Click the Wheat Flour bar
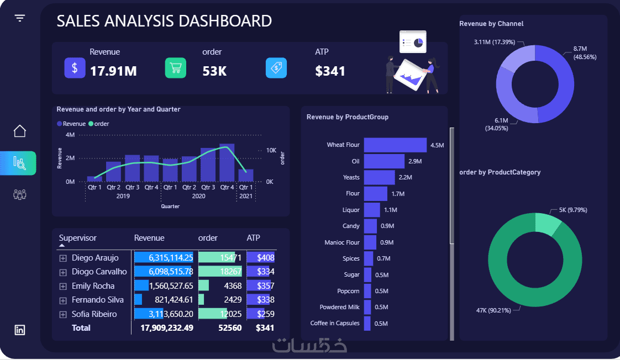pyautogui.click(x=395, y=145)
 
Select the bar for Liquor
pyautogui.click(x=372, y=210)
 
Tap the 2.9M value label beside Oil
pyautogui.click(x=415, y=161)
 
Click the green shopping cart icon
pyautogui.click(x=176, y=68)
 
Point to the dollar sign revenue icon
pyautogui.click(x=75, y=68)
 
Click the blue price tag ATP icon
pyautogui.click(x=276, y=68)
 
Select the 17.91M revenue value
pyautogui.click(x=113, y=71)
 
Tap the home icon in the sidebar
pyautogui.click(x=20, y=131)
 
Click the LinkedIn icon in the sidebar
pyautogui.click(x=20, y=330)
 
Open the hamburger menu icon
pyautogui.click(x=20, y=18)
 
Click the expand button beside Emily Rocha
pyautogui.click(x=62, y=286)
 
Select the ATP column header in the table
pyautogui.click(x=253, y=238)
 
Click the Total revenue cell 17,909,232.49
pyautogui.click(x=167, y=327)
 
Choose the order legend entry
pyautogui.click(x=99, y=124)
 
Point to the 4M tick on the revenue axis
pyautogui.click(x=70, y=135)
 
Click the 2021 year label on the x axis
pyautogui.click(x=245, y=196)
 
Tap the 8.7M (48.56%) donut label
pyautogui.click(x=585, y=53)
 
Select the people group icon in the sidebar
pyautogui.click(x=20, y=194)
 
